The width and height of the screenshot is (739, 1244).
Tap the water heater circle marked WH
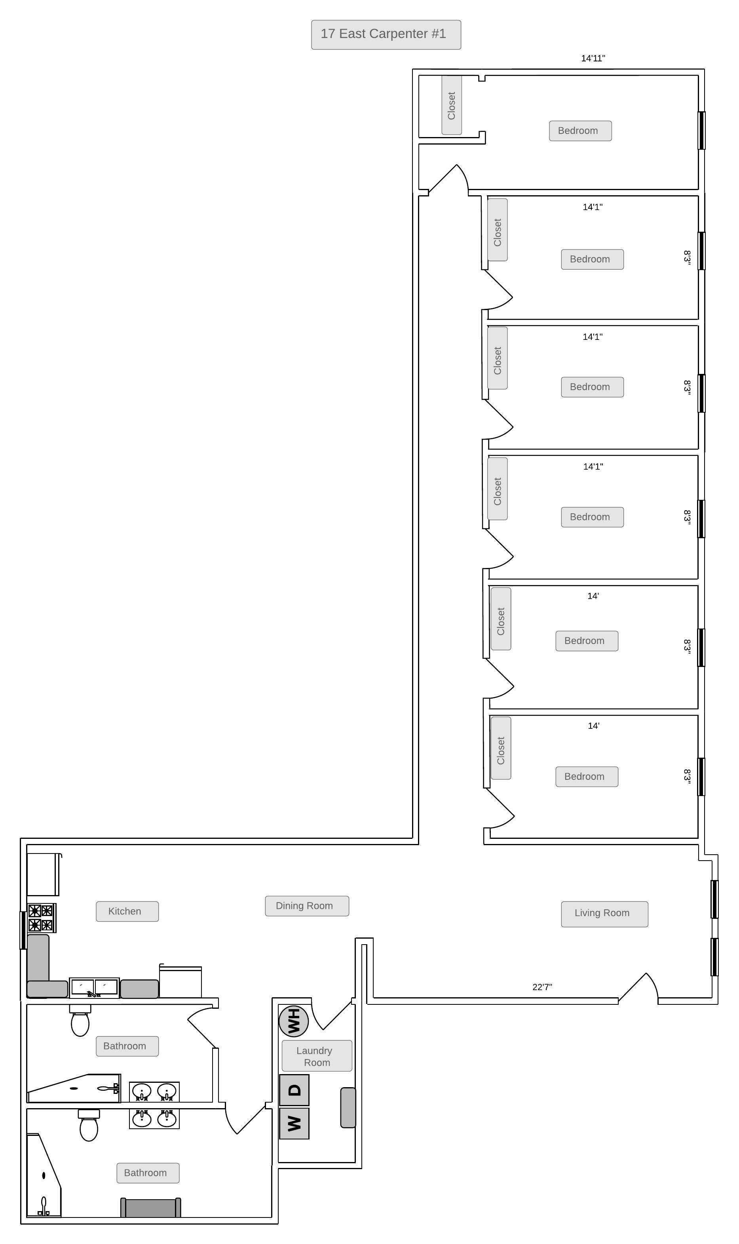(293, 1021)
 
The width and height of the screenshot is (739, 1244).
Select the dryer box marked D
(294, 1090)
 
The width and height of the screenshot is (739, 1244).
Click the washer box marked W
(294, 1124)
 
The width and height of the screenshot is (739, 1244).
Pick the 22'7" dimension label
(542, 987)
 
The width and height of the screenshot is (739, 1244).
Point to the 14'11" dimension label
(593, 58)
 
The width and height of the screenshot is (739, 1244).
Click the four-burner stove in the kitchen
(41, 918)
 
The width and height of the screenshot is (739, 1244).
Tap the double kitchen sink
(94, 987)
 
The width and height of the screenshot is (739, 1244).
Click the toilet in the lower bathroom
(89, 1126)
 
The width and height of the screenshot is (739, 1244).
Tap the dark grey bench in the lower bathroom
(150, 1208)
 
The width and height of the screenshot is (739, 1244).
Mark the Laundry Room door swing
(332, 1013)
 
